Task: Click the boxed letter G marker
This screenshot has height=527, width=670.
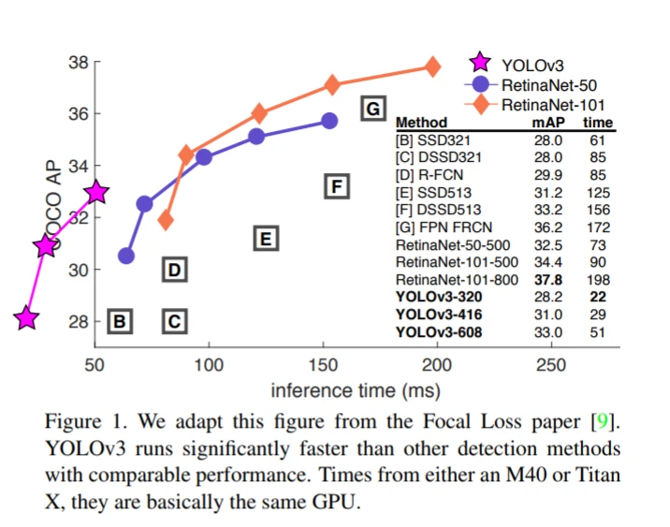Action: pyautogui.click(x=372, y=109)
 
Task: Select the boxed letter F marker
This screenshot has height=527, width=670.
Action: pyautogui.click(x=335, y=185)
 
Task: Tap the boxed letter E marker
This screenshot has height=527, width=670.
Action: pyautogui.click(x=266, y=239)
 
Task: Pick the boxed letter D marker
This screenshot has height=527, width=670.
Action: pyautogui.click(x=174, y=271)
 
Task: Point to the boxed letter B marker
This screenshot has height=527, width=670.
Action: pyautogui.click(x=119, y=322)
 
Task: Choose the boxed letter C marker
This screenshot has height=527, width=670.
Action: pyautogui.click(x=174, y=322)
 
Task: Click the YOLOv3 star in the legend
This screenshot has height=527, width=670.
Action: pyautogui.click(x=481, y=65)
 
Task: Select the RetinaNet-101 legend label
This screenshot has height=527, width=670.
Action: pyautogui.click(x=555, y=104)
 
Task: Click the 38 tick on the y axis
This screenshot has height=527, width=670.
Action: pyautogui.click(x=79, y=63)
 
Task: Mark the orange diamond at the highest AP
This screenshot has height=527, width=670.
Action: pyautogui.click(x=432, y=66)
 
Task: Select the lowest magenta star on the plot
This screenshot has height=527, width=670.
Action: pyautogui.click(x=26, y=318)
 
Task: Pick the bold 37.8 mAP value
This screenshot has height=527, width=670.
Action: pyautogui.click(x=547, y=280)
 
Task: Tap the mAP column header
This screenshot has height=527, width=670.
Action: pyautogui.click(x=548, y=123)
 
